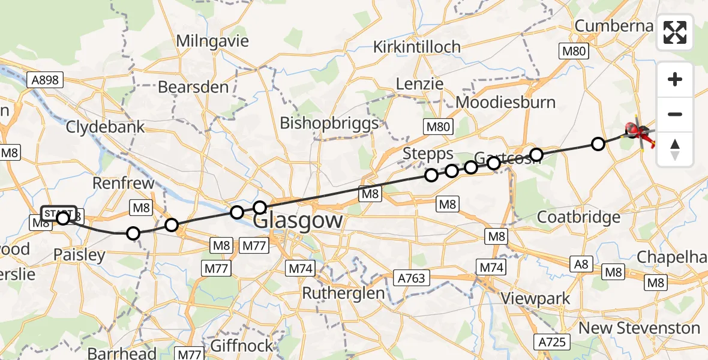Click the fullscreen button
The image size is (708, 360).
coord(675,32)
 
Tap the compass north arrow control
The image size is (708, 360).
coord(675,149)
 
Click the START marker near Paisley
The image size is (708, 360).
coord(59,214)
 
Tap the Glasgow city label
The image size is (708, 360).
coord(298,220)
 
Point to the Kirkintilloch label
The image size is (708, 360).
coord(417,47)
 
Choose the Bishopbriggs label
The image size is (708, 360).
coord(329,123)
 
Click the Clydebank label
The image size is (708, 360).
coord(106,127)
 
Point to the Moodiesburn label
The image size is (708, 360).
coord(506,102)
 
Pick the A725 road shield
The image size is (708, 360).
coord(551,342)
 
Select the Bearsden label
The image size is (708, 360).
coord(193,87)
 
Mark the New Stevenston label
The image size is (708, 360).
coord(639,328)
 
